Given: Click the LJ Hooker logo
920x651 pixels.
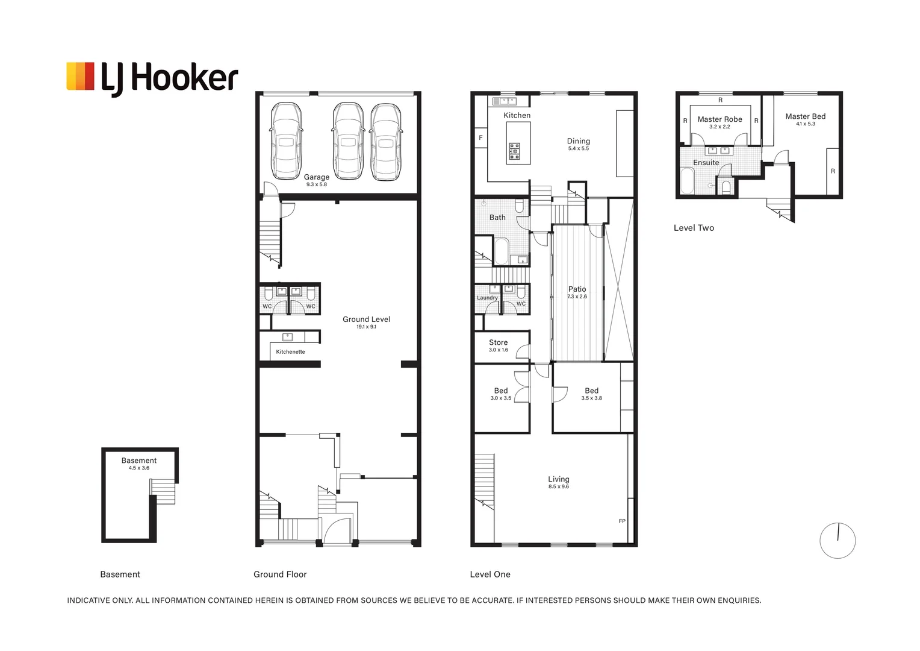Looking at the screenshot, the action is pyautogui.click(x=152, y=78).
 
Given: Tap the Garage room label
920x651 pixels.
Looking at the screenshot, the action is pyautogui.click(x=317, y=177).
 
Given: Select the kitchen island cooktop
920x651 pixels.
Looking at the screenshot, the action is pyautogui.click(x=515, y=151).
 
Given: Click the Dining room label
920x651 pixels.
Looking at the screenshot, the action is pyautogui.click(x=578, y=141).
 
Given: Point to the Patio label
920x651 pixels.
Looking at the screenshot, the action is pyautogui.click(x=577, y=289).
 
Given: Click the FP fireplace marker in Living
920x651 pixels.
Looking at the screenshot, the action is pyautogui.click(x=622, y=521).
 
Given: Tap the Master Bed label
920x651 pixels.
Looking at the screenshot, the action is pyautogui.click(x=806, y=116).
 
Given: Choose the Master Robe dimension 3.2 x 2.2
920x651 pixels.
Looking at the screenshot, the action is pyautogui.click(x=720, y=127).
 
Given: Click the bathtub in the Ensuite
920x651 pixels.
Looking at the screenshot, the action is pyautogui.click(x=687, y=180).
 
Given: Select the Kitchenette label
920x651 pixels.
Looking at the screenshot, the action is pyautogui.click(x=290, y=351).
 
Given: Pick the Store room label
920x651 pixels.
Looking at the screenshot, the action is pyautogui.click(x=498, y=342).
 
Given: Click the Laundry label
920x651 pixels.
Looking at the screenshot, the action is pyautogui.click(x=487, y=297).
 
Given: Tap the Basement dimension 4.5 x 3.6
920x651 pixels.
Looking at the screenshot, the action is pyautogui.click(x=139, y=468).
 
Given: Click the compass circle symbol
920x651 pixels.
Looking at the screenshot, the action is pyautogui.click(x=838, y=541).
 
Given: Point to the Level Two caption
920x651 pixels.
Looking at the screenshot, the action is pyautogui.click(x=694, y=228).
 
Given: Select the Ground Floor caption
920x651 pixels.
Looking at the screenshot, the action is pyautogui.click(x=280, y=574).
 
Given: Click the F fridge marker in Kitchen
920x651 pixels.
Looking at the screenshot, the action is pyautogui.click(x=480, y=138).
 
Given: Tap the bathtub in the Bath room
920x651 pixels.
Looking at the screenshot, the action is pyautogui.click(x=502, y=251).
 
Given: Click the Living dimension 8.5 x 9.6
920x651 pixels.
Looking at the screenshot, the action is pyautogui.click(x=559, y=486).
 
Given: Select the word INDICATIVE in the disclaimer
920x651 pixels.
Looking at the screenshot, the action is pyautogui.click(x=89, y=600).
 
